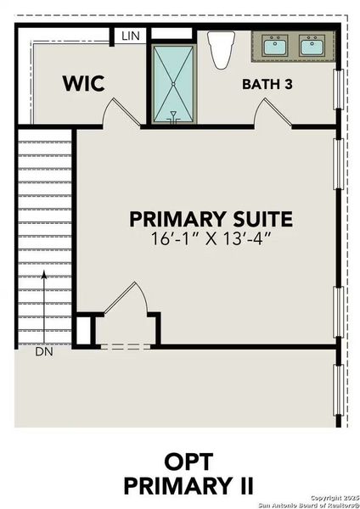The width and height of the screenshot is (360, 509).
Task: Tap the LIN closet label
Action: coord(130,36)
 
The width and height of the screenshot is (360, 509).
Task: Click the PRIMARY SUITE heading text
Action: coord(211,219)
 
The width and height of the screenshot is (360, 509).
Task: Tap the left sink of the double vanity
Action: coord(273,46)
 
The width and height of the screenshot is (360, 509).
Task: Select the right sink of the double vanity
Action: coord(312,46)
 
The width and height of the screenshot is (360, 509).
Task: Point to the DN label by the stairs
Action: coord(43,350)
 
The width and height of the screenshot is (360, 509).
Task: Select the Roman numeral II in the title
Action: coord(244,485)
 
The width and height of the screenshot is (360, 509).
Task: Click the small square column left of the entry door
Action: coord(83,329)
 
